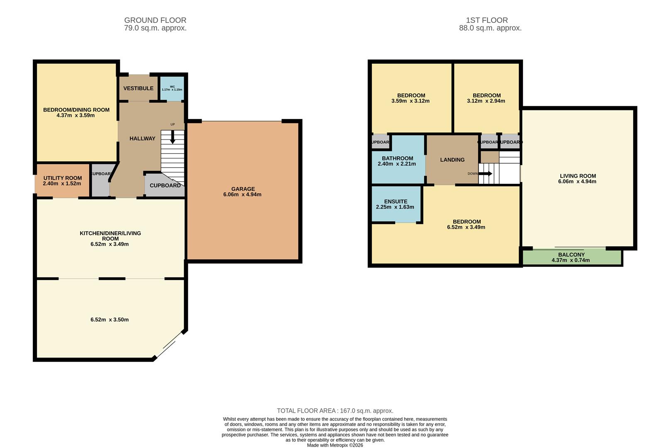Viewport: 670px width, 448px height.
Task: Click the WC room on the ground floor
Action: tap(172, 88)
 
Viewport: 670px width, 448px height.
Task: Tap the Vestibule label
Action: tap(138, 88)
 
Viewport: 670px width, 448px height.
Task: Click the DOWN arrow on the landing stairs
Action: tap(487, 174)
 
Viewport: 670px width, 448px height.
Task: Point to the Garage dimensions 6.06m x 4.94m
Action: tap(243, 195)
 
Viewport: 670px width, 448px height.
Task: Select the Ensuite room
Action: tap(396, 204)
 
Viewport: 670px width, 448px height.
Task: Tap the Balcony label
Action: tap(571, 255)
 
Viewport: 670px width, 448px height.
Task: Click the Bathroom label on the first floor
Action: tap(397, 158)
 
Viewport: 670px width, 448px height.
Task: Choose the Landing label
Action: tap(452, 160)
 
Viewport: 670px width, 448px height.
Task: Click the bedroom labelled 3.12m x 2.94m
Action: tap(486, 98)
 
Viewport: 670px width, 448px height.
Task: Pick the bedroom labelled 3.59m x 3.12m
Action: tap(411, 98)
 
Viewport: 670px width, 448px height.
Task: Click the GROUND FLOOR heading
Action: tap(155, 20)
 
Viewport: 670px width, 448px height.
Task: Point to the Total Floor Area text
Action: tap(335, 411)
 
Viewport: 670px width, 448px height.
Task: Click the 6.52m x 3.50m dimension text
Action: tap(110, 320)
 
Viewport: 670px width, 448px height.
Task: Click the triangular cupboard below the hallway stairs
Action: tap(165, 185)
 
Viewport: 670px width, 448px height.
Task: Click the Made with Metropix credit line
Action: tap(335, 445)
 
